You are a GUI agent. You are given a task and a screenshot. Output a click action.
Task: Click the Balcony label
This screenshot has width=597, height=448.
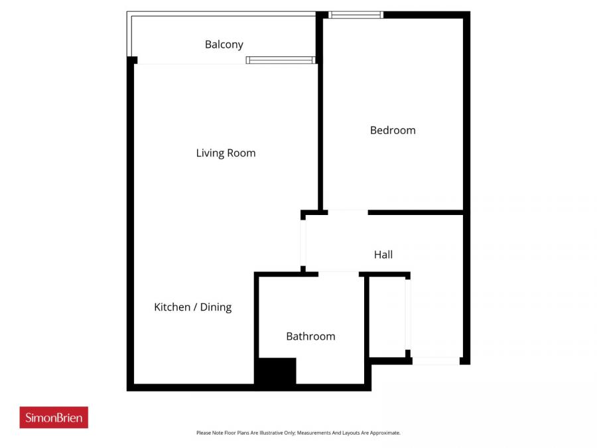[224, 44]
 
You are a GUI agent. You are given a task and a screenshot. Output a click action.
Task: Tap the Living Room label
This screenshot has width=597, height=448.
[226, 153]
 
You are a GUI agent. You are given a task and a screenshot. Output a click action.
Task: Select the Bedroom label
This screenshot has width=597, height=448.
[393, 130]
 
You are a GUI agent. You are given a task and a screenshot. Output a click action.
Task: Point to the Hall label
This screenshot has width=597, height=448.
[383, 254]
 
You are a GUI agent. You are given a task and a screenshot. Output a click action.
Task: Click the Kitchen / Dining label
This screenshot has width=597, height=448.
[192, 307]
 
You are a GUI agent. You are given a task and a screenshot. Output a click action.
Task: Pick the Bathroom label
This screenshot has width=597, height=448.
[310, 336]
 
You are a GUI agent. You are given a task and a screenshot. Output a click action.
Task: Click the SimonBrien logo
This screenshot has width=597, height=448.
[54, 417]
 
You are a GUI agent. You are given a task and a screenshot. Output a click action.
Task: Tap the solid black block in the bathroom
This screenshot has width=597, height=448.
[276, 371]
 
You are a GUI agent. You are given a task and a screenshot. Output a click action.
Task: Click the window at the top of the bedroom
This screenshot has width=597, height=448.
[356, 15]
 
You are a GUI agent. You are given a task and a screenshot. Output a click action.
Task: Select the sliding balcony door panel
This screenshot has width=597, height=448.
[279, 60]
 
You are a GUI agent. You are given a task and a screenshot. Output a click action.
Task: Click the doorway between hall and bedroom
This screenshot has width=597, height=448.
[348, 212]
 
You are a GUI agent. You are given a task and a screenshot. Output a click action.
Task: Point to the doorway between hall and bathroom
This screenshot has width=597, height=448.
[338, 273]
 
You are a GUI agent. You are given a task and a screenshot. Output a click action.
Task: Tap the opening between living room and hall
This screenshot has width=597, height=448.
[303, 242]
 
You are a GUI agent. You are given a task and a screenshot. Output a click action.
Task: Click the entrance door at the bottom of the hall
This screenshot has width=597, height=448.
[436, 361]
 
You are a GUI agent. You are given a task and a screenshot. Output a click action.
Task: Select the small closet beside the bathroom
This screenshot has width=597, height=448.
[387, 317]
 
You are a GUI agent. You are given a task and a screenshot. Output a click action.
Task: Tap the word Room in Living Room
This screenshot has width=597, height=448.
[241, 153]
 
